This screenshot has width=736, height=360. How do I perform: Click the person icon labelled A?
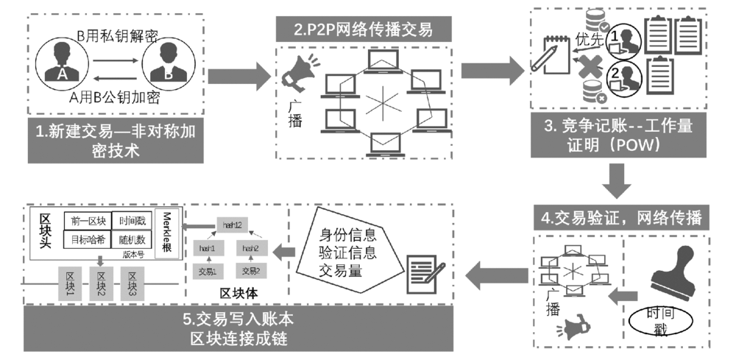pos(63,61)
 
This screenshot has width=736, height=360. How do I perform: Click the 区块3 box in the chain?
pos(133,283)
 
